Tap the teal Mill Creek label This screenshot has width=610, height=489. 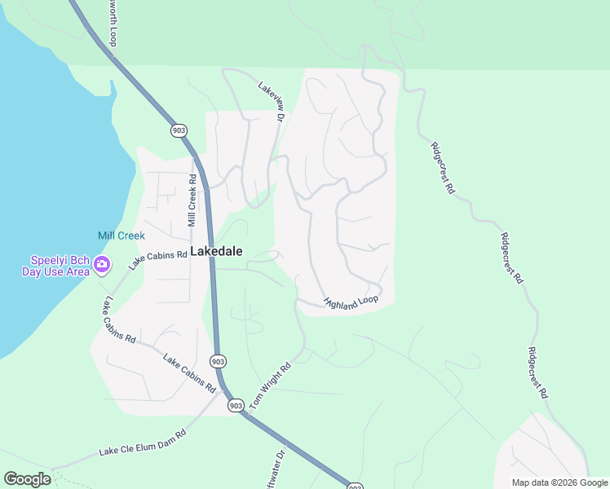click(121, 236)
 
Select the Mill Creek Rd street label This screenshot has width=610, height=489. click(192, 200)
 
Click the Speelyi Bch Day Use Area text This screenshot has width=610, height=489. click(55, 266)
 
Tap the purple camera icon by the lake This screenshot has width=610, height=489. click(102, 263)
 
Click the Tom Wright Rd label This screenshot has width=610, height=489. click(271, 385)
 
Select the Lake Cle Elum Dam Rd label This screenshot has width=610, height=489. click(143, 441)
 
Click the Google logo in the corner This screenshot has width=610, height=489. click(27, 479)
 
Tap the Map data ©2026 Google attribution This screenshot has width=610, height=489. click(559, 482)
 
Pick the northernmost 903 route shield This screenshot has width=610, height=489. click(179, 130)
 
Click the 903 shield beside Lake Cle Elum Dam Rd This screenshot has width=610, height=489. click(236, 405)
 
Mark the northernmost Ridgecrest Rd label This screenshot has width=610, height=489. click(442, 168)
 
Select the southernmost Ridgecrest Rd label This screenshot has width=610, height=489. click(537, 373)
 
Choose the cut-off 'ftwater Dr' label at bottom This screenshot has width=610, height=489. click(277, 469)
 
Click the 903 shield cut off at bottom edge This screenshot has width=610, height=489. click(355, 486)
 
